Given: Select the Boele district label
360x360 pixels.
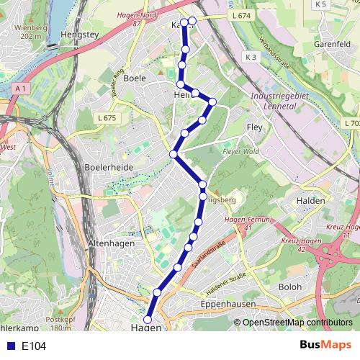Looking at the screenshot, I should [x=134, y=78].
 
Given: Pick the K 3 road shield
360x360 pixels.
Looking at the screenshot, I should [x=250, y=57].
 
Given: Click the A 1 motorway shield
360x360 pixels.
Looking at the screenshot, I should [x=19, y=88].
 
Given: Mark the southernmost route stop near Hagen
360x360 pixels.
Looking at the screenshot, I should [x=148, y=320].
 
